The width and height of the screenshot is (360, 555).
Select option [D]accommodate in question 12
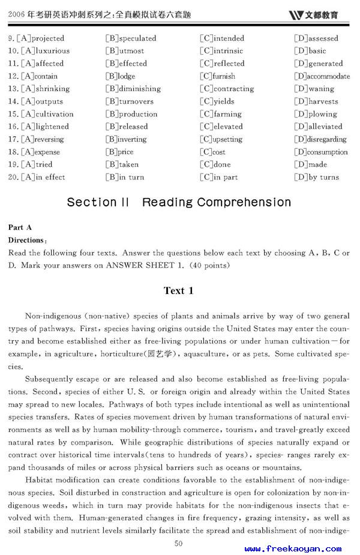click(x=322, y=76)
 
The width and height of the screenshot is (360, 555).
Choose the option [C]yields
click(x=217, y=101)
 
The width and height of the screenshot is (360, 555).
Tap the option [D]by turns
click(x=317, y=177)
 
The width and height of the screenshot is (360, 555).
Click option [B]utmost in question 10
click(x=125, y=51)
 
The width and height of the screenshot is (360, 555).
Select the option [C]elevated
click(x=221, y=127)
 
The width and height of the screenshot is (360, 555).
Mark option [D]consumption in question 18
click(x=321, y=152)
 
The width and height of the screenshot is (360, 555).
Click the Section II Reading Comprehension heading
click(x=179, y=202)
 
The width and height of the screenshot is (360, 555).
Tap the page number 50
click(x=178, y=543)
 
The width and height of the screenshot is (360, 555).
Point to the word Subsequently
click(x=50, y=379)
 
